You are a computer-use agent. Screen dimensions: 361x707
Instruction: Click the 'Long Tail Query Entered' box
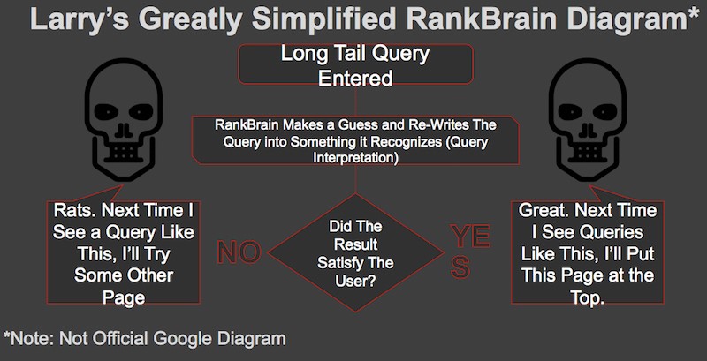tap(354, 66)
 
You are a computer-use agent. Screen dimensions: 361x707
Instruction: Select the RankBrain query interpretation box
tap(356, 140)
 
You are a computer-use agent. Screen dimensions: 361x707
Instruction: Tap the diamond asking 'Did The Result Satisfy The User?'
tap(354, 251)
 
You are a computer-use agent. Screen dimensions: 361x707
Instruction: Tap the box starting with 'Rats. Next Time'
tap(122, 253)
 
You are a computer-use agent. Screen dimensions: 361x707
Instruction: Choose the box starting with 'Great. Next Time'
tap(584, 253)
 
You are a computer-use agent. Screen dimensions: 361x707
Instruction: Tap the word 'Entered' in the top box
tap(354, 78)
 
